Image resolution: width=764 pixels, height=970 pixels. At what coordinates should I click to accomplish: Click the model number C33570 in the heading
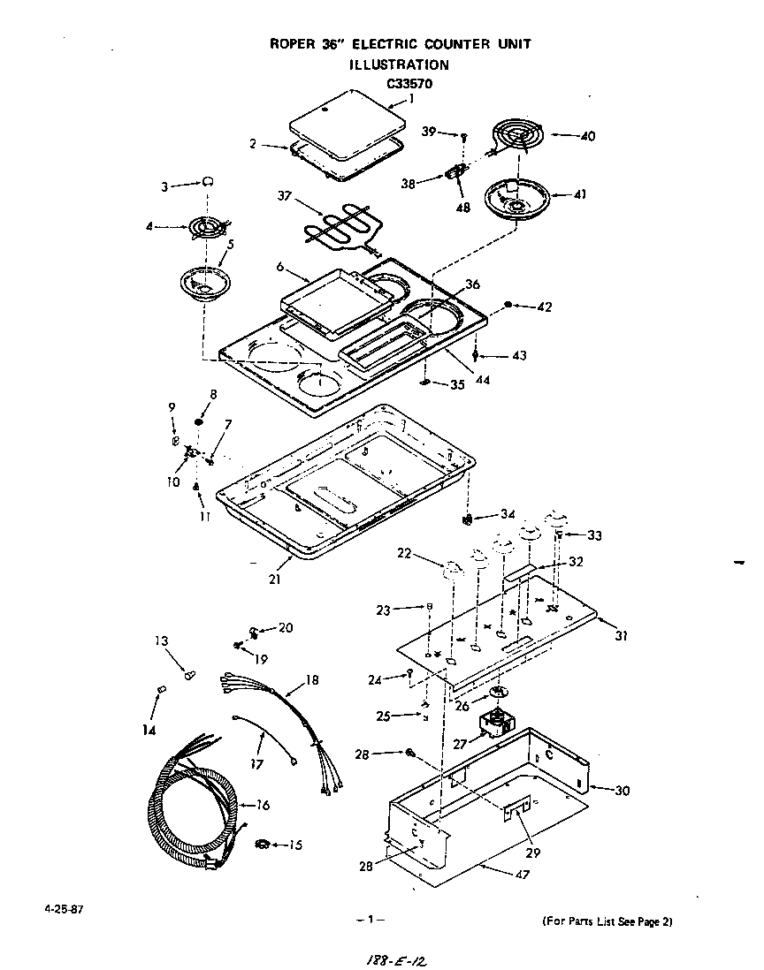[409, 85]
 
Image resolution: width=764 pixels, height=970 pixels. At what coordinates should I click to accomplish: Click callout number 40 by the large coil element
[586, 136]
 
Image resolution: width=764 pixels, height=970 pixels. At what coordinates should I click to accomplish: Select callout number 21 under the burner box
[274, 579]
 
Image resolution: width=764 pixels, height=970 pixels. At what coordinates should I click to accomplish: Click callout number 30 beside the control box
[622, 791]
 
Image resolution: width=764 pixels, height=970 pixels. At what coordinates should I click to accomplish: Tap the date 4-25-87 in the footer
[55, 909]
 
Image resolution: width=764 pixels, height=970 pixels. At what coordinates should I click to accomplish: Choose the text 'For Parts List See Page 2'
[607, 922]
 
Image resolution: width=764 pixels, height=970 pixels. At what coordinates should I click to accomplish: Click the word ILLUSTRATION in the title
[399, 64]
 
